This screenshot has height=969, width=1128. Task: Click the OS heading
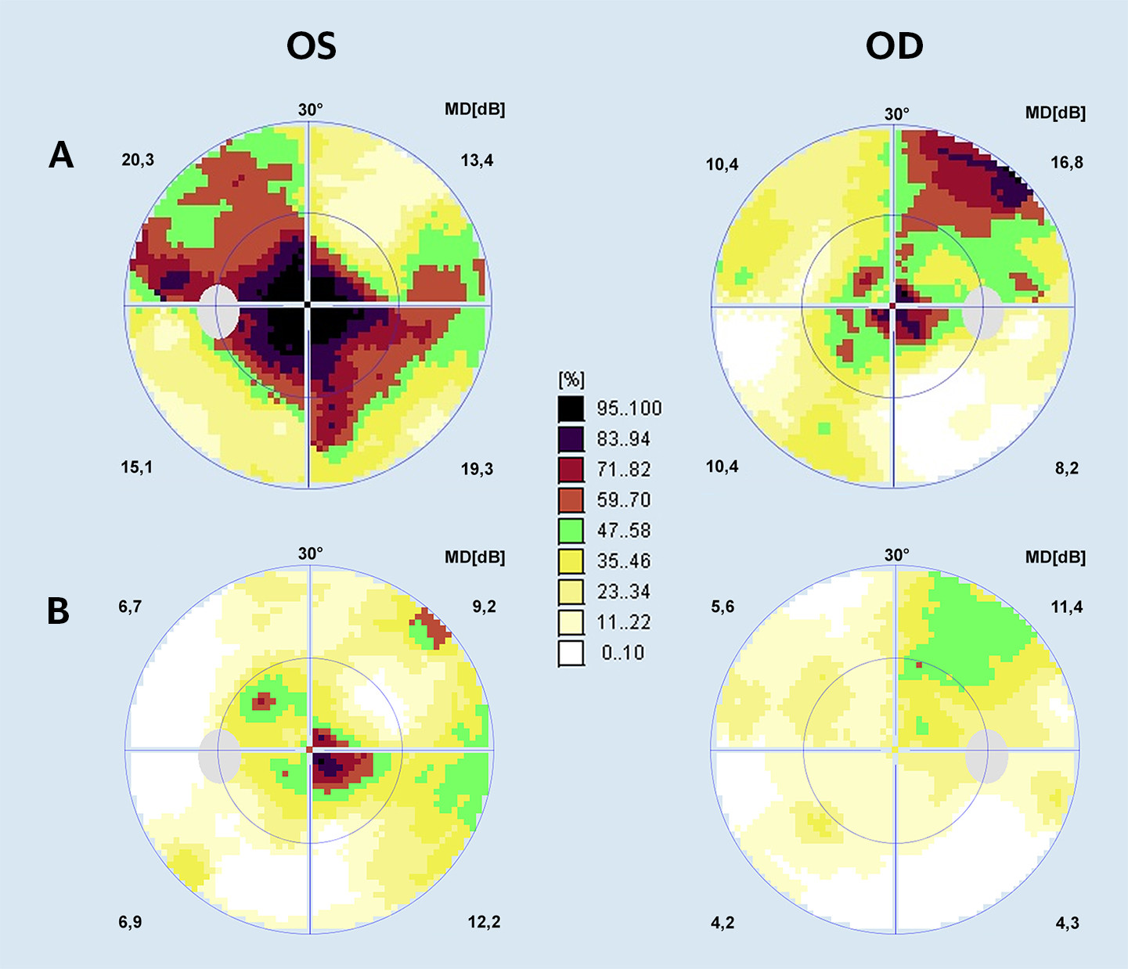[x=312, y=47]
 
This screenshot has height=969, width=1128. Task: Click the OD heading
[x=894, y=47]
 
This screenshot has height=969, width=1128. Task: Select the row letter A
[x=61, y=155]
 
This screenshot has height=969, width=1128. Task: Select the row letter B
[x=59, y=611]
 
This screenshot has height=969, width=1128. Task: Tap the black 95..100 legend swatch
[x=571, y=409]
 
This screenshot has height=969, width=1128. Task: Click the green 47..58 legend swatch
[x=571, y=531]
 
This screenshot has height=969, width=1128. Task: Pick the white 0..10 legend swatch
[x=571, y=653]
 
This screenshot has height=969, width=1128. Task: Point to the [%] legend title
[x=571, y=380]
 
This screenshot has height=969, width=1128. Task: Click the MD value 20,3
[x=138, y=160]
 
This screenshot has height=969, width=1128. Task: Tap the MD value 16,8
[x=1066, y=163]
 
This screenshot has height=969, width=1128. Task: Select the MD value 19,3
[x=477, y=470]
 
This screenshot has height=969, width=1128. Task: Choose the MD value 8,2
[x=1066, y=469]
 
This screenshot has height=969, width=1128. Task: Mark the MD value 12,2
[x=484, y=922]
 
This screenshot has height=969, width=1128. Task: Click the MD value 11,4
[x=1066, y=607]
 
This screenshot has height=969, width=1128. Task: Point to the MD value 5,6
[x=723, y=607]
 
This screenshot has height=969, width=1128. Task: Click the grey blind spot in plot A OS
[x=218, y=312]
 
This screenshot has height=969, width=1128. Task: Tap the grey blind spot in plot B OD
[x=986, y=756]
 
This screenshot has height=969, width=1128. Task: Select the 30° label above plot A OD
[x=897, y=114]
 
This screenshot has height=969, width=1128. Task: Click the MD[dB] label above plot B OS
[x=474, y=557]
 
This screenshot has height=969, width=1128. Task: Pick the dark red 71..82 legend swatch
[x=571, y=470]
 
